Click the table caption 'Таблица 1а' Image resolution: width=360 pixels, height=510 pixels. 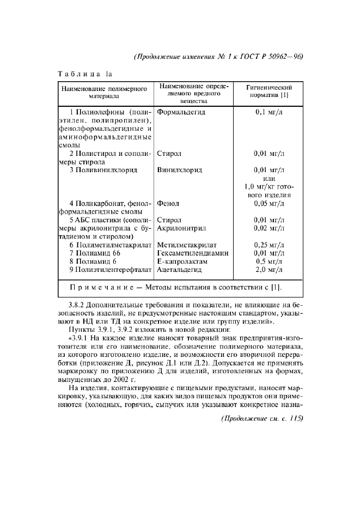[85, 73]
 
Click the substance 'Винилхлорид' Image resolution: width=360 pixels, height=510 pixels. [180, 170]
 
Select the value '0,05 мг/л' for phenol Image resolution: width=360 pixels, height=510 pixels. [270, 204]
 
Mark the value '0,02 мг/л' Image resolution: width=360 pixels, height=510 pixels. [270, 228]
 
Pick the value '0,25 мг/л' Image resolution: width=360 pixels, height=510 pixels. [270, 245]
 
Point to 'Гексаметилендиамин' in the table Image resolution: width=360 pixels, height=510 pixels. [192, 253]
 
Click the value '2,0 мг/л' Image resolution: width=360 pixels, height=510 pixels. [270, 270]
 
